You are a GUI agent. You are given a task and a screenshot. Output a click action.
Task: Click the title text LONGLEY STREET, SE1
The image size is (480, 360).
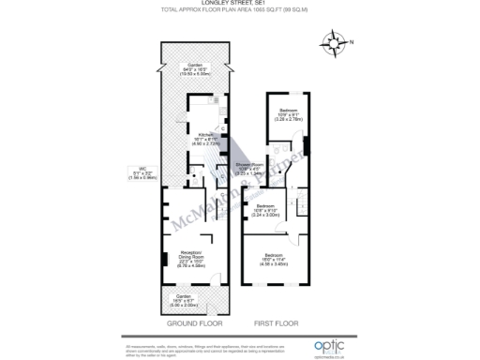pyautogui.click(x=240, y=4)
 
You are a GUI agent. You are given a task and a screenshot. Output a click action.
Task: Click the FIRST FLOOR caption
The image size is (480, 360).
pyautogui.click(x=275, y=324)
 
